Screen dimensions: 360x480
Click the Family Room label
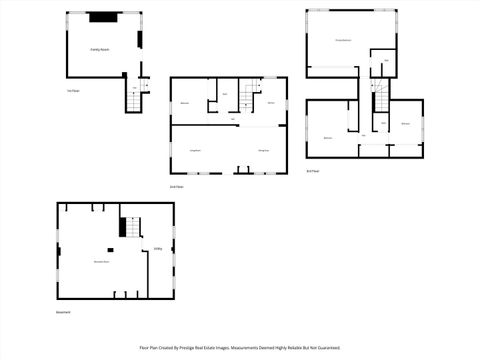click(99, 47)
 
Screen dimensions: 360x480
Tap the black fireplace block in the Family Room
click(102, 16)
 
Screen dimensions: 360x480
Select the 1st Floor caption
click(72, 91)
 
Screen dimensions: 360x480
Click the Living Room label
click(196, 150)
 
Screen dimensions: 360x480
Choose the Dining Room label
click(264, 150)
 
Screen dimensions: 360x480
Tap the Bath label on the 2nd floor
click(224, 94)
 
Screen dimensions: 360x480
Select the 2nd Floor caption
click(175, 187)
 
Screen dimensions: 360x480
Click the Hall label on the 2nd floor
click(233, 120)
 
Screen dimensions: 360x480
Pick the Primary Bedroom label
click(343, 40)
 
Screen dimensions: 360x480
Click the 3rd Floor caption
click(313, 172)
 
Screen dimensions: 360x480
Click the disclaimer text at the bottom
click(239, 349)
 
